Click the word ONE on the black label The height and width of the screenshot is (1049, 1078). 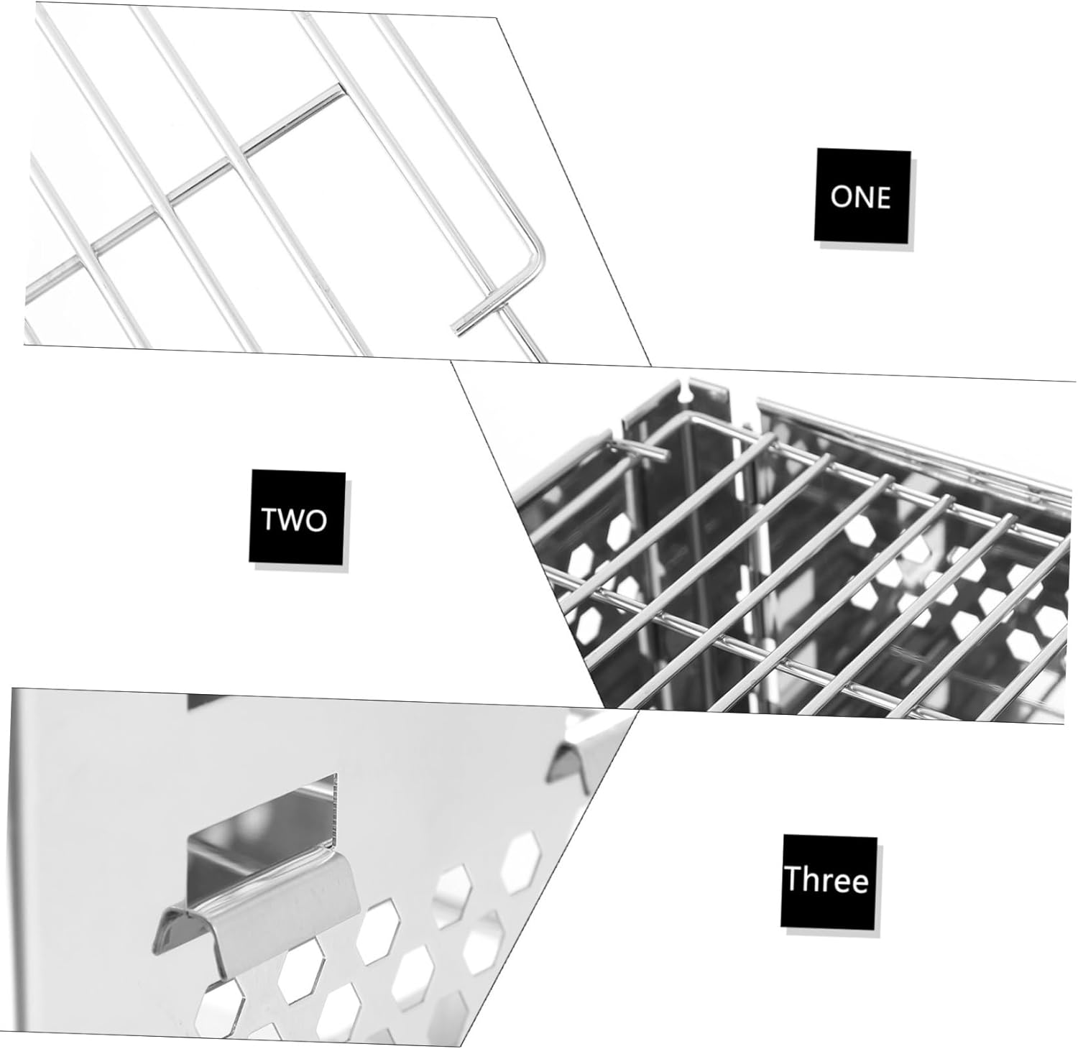pyautogui.click(x=860, y=196)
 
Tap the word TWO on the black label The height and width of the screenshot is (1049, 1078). pyautogui.click(x=293, y=519)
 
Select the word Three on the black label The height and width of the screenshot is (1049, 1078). pyautogui.click(x=826, y=879)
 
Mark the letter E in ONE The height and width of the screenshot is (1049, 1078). pyautogui.click(x=883, y=196)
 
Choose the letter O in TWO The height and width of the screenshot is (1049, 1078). pyautogui.click(x=315, y=519)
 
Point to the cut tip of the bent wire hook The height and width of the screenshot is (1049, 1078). pyautogui.click(x=456, y=329)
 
